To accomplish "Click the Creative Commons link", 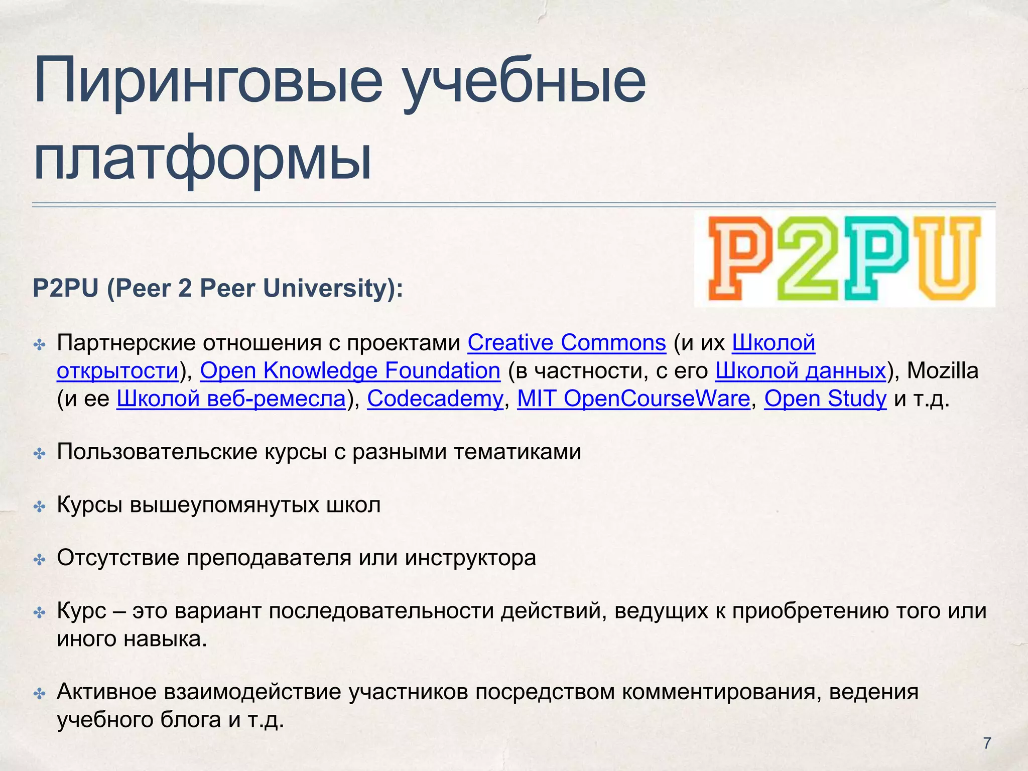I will coord(566,343).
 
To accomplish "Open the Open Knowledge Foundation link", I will coord(350,371).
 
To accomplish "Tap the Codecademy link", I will coord(435,399).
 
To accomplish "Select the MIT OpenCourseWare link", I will coord(633,399).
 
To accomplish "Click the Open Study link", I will coord(825,399).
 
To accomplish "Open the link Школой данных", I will coord(800,371).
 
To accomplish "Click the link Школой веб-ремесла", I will coord(231,399).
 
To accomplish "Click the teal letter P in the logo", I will coord(876,259).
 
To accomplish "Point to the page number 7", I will coord(987,743).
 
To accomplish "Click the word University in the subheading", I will coord(329,289).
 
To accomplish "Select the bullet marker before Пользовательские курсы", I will coord(39,454).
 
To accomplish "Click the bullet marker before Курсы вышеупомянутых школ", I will coord(39,506).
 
